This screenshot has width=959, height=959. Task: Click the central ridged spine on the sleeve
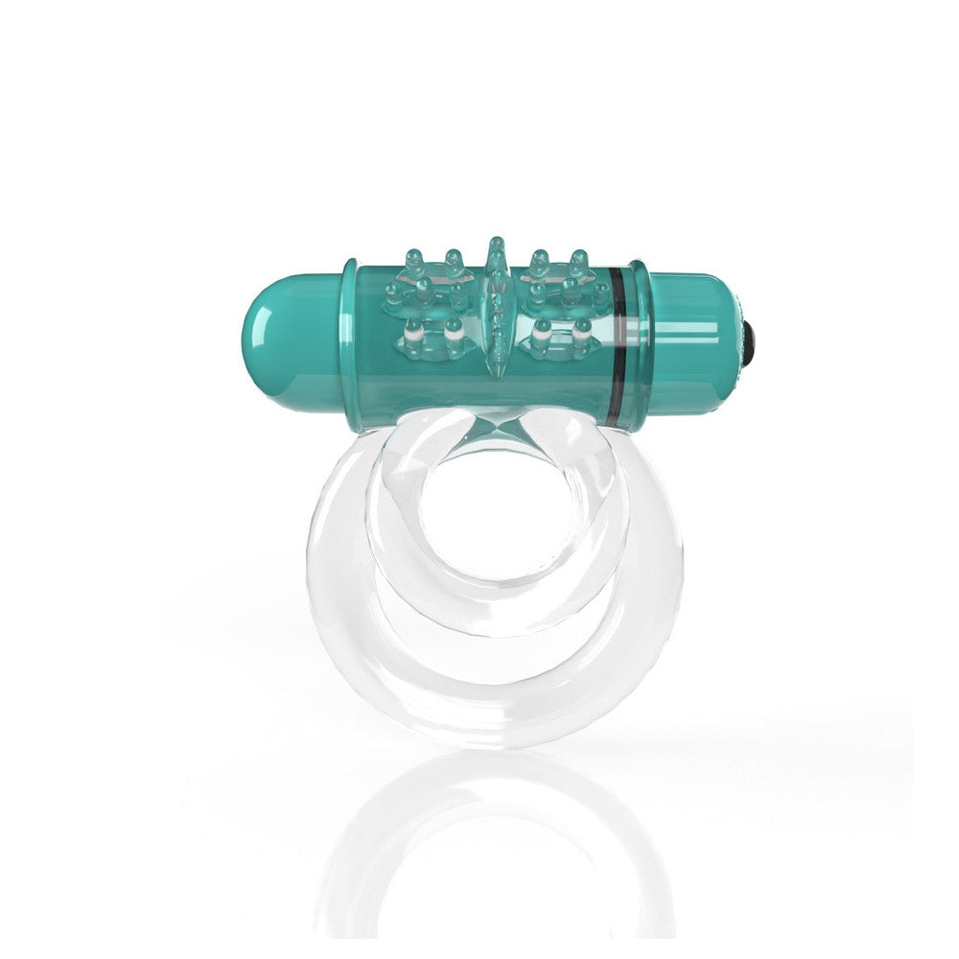pyautogui.click(x=495, y=307)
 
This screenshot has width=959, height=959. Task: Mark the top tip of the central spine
pyautogui.click(x=494, y=242)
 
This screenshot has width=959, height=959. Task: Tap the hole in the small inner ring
pyautogui.click(x=494, y=508)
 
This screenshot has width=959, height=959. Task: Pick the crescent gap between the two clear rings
pyautogui.click(x=494, y=652)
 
